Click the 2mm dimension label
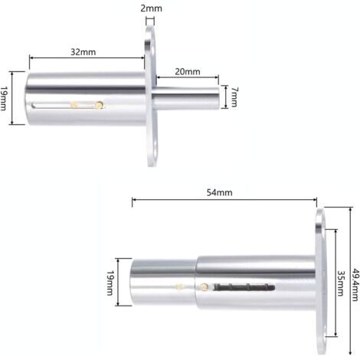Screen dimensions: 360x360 pos(151,8)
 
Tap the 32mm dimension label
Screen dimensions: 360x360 pos(83,52)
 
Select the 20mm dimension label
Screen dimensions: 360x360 pos(188,72)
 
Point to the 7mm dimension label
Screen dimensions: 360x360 pos(234,97)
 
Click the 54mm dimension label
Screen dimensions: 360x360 pos(220,192)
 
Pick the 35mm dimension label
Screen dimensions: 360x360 pos(340,283)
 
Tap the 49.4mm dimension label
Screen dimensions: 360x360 pos(355,284)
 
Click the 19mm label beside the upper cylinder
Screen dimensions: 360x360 pos(3,98)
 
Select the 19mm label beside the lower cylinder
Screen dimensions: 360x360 pos(110,283)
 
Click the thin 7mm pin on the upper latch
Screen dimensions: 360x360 pos(186,98)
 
